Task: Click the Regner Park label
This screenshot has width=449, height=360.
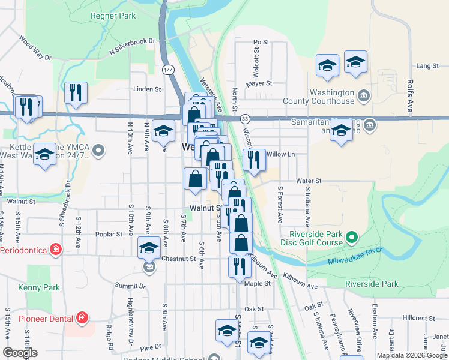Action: tap(113, 16)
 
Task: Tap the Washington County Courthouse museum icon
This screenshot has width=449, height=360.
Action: tap(364, 95)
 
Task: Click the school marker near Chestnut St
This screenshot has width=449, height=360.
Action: tap(149, 247)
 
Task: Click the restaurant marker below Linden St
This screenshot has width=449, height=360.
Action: tap(76, 92)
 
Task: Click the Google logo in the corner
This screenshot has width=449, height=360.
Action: tap(20, 353)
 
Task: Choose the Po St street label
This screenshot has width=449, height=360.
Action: tap(261, 42)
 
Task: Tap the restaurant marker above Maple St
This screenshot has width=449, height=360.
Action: tap(239, 266)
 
